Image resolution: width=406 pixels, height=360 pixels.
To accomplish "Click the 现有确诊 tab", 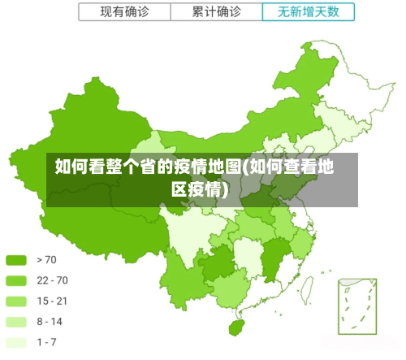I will click(x=124, y=12).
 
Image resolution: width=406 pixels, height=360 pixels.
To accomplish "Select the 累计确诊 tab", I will click(x=217, y=12).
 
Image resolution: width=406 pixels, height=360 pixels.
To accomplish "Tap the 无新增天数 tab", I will click(x=309, y=12).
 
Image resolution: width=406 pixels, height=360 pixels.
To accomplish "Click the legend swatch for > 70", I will click(x=16, y=260).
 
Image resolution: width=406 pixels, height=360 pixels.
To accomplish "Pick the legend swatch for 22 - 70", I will click(x=16, y=280).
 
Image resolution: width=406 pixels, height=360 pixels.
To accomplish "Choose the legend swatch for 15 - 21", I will click(x=16, y=301).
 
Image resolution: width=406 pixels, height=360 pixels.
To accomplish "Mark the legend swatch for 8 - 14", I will click(x=16, y=321).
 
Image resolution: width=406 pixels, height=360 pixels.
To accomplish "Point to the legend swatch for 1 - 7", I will click(x=16, y=341).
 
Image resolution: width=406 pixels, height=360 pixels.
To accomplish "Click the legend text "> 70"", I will click(x=47, y=260).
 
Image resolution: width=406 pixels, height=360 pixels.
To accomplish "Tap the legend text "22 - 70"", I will click(x=53, y=280).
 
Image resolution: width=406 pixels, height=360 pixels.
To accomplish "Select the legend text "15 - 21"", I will click(x=52, y=301).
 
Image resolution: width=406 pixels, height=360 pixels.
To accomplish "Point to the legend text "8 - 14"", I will click(x=50, y=321).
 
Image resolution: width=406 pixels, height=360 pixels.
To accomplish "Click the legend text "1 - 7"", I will click(x=47, y=341).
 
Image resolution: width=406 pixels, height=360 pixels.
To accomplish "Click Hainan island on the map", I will click(x=236, y=327).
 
